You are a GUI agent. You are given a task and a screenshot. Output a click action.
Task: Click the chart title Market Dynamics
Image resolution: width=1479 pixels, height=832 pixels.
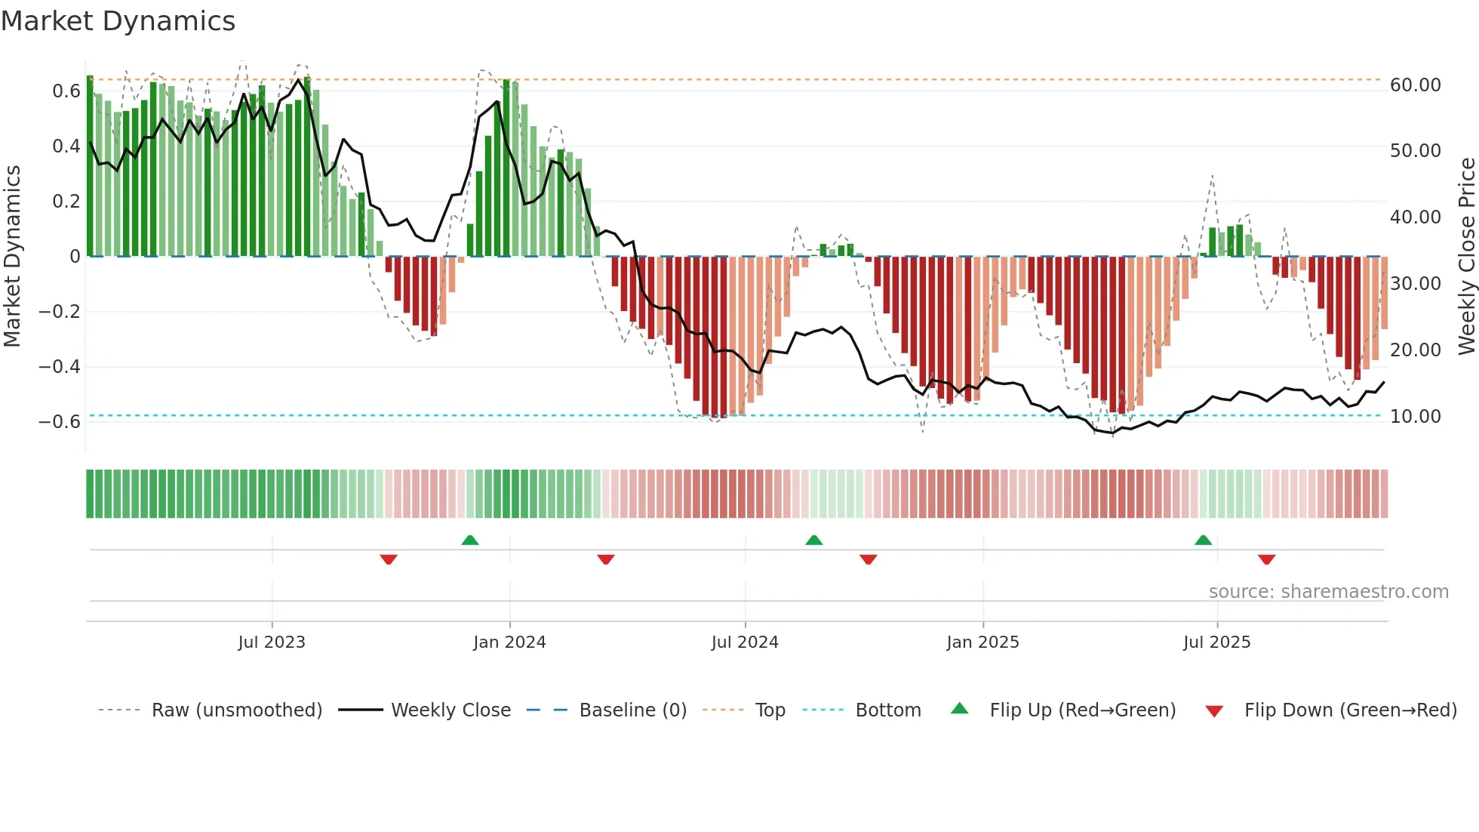pos(118,21)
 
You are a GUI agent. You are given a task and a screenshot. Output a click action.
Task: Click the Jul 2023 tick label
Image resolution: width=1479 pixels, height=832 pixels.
pos(272,642)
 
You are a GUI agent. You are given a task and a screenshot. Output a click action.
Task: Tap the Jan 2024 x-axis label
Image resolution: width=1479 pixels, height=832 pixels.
pos(509,642)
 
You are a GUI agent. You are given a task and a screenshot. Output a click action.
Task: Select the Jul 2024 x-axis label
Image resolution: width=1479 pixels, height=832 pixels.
pos(745,642)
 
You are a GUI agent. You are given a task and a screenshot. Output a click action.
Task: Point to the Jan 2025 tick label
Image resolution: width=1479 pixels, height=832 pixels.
pos(982,642)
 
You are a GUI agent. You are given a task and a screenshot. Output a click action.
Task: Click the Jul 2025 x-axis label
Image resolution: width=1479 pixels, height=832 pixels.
pos(1216,642)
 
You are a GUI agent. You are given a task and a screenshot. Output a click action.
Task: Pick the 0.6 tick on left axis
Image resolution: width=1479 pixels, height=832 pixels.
pos(66,91)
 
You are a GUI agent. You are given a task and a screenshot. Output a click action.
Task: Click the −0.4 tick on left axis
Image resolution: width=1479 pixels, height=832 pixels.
pos(59,367)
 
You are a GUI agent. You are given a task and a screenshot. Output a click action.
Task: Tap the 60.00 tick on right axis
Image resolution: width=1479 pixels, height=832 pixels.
pos(1415,85)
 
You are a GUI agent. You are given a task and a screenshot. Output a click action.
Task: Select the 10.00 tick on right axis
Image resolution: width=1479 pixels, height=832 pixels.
pos(1415,417)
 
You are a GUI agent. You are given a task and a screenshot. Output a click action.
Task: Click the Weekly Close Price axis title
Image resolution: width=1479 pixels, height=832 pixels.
pos(1466,257)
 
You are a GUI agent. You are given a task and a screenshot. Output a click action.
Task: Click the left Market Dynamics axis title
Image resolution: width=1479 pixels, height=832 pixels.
pos(12,257)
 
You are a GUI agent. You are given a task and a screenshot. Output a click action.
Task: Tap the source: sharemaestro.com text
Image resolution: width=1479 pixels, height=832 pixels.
pos(1328,592)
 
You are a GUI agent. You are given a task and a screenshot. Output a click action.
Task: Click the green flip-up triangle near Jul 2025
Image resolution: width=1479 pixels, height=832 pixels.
pos(1203,540)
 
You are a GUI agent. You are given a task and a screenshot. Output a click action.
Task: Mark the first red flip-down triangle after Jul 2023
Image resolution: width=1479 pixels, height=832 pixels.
pos(389,559)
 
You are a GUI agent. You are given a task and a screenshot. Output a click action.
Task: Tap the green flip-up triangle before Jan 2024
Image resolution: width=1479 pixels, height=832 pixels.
pos(469,540)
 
